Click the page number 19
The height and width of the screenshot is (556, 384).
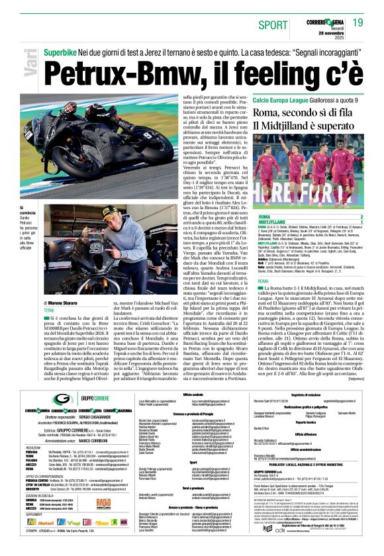tap(358, 23)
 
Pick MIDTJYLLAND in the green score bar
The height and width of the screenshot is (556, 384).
tap(272, 222)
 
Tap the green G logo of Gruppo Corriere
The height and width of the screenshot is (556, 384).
tap(64, 398)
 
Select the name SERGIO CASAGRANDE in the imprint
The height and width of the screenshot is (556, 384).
tap(93, 418)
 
